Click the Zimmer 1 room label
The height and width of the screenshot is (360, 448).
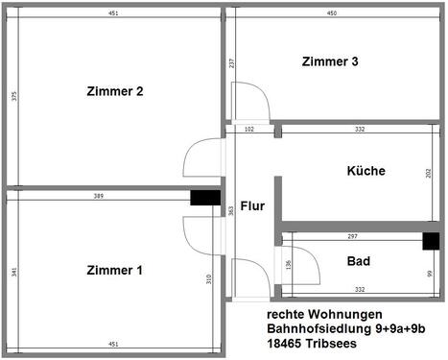[x=114, y=270]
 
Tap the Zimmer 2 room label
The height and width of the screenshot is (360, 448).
[x=114, y=92]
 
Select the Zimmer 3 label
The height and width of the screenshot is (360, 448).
[x=330, y=61]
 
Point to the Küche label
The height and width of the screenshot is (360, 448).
[x=365, y=171]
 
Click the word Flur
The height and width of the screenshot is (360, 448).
[x=252, y=205]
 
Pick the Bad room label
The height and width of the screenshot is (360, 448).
[x=360, y=260]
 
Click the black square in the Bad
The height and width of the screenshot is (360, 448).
[x=432, y=240]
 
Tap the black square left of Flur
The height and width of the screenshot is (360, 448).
[x=204, y=198]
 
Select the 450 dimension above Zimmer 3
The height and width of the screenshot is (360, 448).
[x=331, y=14]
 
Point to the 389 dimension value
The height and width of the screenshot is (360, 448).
[x=101, y=196]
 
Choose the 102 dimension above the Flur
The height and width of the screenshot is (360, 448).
[x=249, y=129]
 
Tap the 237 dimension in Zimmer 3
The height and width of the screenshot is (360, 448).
[x=232, y=63]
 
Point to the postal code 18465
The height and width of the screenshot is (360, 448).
[x=283, y=344]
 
